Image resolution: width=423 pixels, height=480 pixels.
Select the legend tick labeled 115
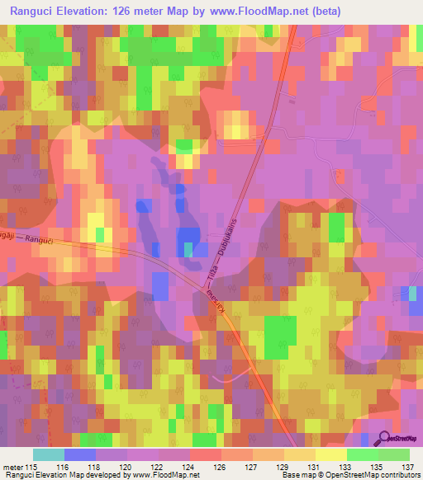32,466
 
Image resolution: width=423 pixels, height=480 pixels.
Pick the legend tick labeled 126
221,466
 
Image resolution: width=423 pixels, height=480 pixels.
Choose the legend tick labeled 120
126,466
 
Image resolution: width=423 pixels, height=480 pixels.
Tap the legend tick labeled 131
315,466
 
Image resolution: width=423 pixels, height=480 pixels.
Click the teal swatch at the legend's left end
48,454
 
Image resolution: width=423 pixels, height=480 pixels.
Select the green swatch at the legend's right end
394,454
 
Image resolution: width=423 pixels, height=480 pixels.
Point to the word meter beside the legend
13,466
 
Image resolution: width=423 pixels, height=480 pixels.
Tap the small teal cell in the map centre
188,249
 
